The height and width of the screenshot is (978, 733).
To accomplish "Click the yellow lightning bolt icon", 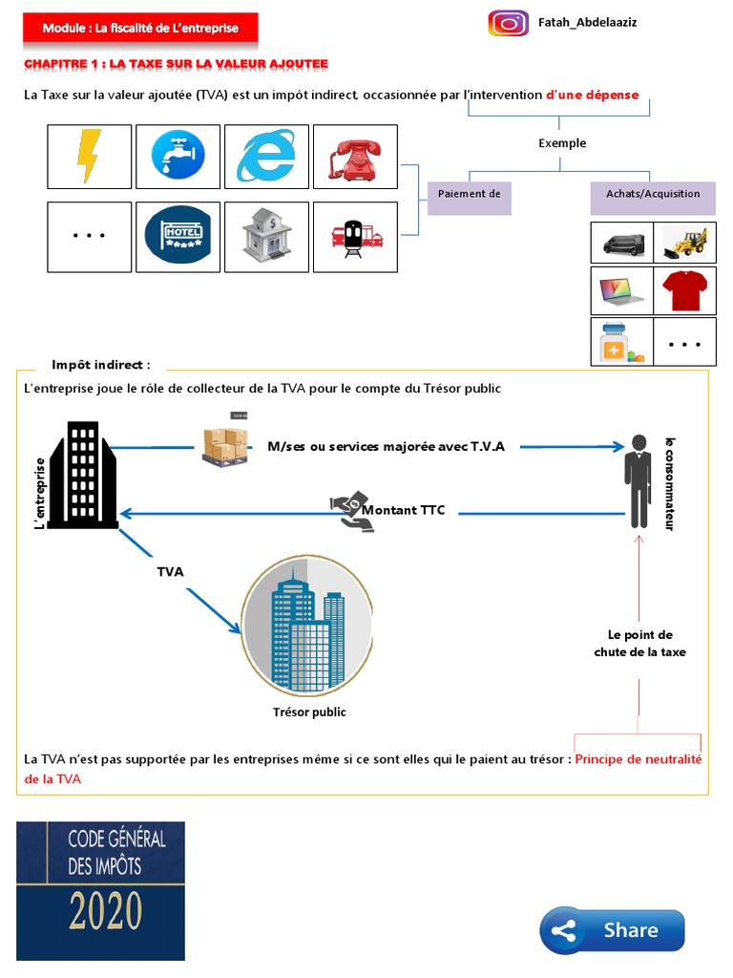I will click(x=89, y=156).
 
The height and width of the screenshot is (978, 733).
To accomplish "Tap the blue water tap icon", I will click(x=178, y=156).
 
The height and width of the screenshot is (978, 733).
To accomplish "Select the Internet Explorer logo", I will click(x=266, y=156).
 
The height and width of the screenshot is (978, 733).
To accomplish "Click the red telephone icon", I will click(x=355, y=156).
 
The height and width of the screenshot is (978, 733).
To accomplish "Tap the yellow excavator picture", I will click(x=685, y=243).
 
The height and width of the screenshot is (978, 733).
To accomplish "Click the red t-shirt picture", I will click(x=685, y=290).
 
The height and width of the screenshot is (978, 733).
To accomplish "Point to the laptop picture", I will click(x=622, y=290).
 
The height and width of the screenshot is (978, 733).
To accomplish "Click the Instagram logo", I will click(x=508, y=23).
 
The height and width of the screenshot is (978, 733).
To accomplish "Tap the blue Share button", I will click(x=612, y=929).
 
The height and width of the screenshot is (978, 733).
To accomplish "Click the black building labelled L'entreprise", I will click(x=85, y=475).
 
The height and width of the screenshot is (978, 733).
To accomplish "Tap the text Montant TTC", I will click(x=403, y=511).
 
